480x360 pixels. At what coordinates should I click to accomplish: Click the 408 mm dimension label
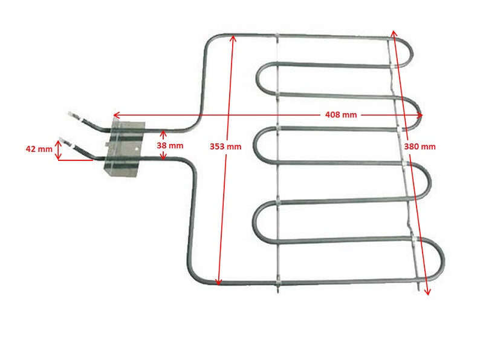(341, 115)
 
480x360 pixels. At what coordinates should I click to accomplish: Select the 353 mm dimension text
(225, 146)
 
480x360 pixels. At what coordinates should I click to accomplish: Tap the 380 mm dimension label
(420, 146)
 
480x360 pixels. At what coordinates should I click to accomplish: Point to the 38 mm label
(170, 146)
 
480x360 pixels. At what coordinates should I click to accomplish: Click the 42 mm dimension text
(39, 149)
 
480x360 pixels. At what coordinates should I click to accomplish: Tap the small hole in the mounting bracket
(137, 149)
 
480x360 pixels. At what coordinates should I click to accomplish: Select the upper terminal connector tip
(71, 114)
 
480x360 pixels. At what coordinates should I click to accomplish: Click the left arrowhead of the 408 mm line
(115, 115)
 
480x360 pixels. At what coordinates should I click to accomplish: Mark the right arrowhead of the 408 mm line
(420, 115)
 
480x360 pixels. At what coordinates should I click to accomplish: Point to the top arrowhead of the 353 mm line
(233, 38)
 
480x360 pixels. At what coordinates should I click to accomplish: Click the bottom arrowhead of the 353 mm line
(218, 283)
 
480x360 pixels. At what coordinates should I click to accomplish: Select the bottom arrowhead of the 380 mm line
(428, 292)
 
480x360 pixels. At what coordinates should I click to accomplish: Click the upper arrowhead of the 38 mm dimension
(163, 133)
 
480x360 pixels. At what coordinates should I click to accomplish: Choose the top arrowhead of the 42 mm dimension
(58, 143)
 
